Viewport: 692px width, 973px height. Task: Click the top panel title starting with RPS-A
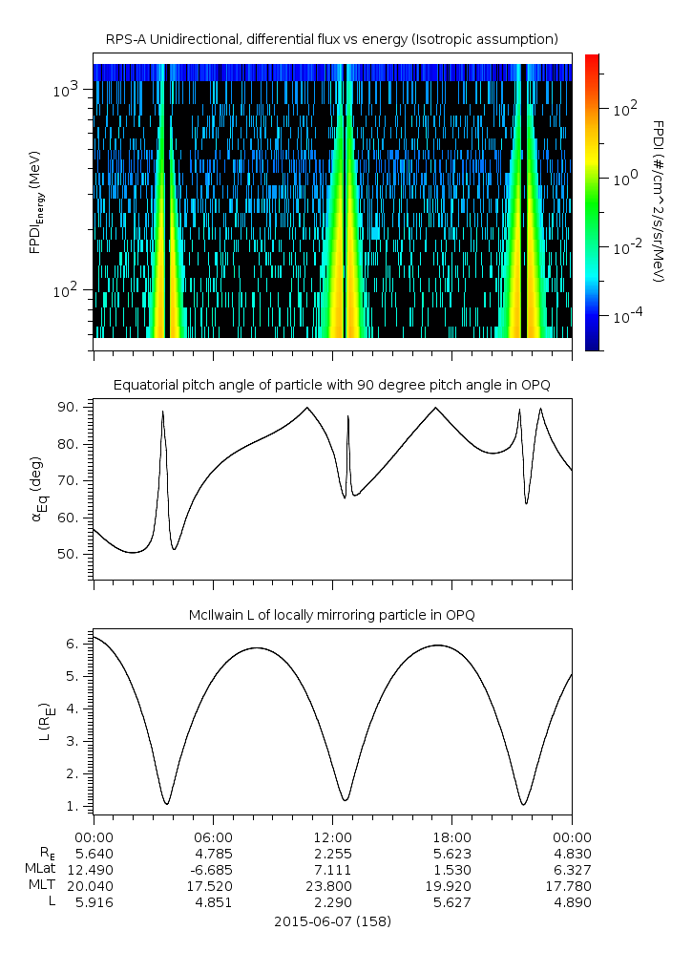click(x=331, y=38)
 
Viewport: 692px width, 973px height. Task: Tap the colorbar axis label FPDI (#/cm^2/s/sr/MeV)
click(x=659, y=201)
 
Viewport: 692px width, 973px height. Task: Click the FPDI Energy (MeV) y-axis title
click(x=35, y=201)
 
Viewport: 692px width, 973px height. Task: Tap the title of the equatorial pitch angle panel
click(x=331, y=385)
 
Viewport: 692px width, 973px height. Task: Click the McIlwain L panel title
click(x=331, y=614)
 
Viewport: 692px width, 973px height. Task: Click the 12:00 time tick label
click(x=332, y=836)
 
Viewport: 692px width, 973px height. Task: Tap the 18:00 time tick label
click(x=451, y=836)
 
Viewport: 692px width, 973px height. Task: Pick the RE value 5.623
click(x=451, y=854)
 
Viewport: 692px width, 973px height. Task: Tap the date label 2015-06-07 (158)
click(x=332, y=922)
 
